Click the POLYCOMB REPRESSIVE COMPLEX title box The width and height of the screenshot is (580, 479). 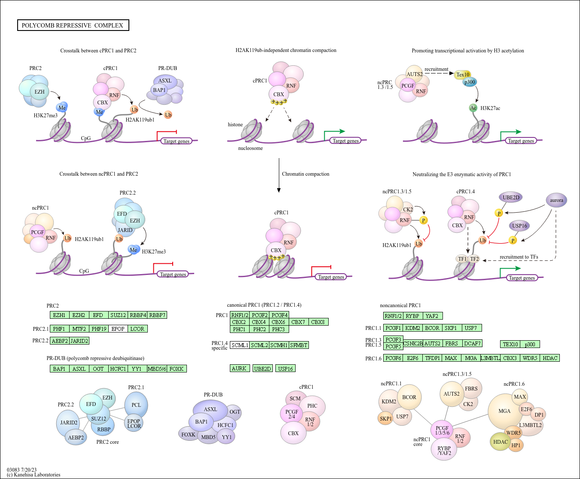pyautogui.click(x=73, y=25)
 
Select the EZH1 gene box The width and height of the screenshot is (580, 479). pyautogui.click(x=59, y=315)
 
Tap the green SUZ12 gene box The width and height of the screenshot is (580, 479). pyautogui.click(x=118, y=315)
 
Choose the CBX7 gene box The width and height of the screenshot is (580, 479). pyautogui.click(x=298, y=322)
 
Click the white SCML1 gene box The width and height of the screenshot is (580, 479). pyautogui.click(x=239, y=345)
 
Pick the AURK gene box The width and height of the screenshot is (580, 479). pyautogui.click(x=239, y=368)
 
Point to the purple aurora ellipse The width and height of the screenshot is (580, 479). pyautogui.click(x=556, y=200)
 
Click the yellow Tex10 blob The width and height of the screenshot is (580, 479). pyautogui.click(x=463, y=75)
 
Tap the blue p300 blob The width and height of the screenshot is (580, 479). pyautogui.click(x=470, y=82)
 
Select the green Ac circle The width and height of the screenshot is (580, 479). pyautogui.click(x=473, y=108)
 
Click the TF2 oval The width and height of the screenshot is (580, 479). pyautogui.click(x=474, y=259)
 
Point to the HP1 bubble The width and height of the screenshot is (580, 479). pyautogui.click(x=516, y=445)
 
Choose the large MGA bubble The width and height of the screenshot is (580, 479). pyautogui.click(x=504, y=411)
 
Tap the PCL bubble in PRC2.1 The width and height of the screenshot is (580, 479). pyautogui.click(x=136, y=405)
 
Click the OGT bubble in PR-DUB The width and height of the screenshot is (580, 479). pyautogui.click(x=235, y=412)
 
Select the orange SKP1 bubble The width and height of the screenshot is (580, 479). pyautogui.click(x=385, y=418)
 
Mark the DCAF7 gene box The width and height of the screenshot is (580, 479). pyautogui.click(x=472, y=343)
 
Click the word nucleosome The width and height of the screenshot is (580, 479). pyautogui.click(x=250, y=148)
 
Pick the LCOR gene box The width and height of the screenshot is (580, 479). pyautogui.click(x=137, y=329)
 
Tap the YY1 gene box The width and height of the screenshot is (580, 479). pyautogui.click(x=137, y=369)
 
